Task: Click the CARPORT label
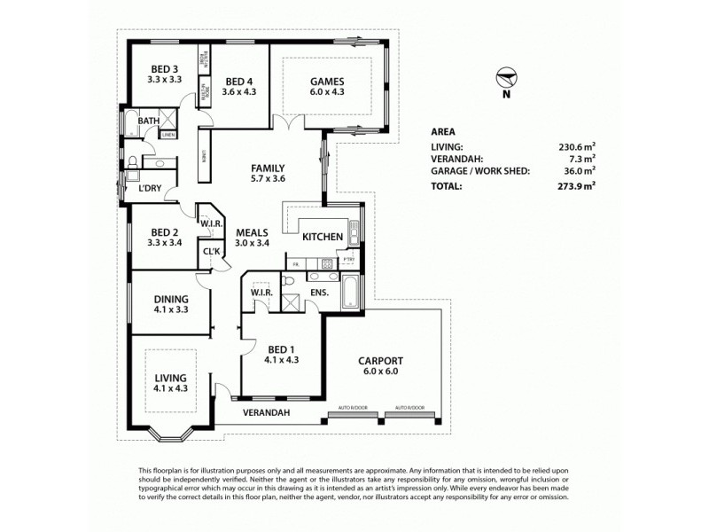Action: point(380,361)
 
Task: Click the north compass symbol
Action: point(506,79)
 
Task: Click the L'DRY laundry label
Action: point(149,189)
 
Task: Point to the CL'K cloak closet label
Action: point(211,251)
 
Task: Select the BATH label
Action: point(147,121)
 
